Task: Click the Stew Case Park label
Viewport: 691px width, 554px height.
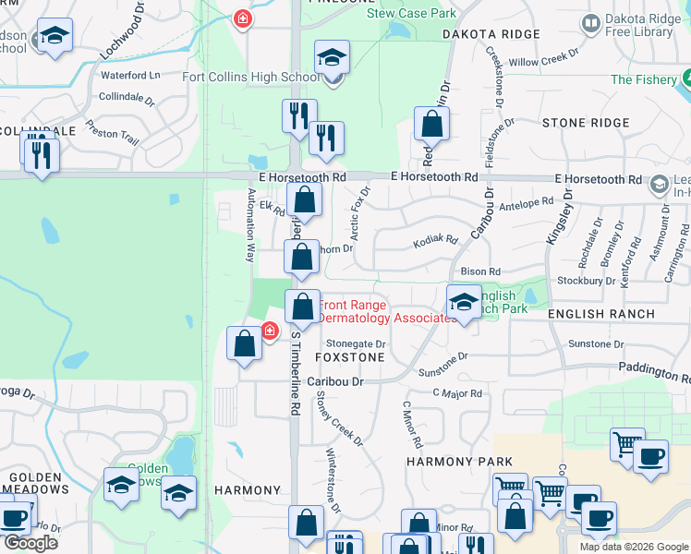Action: pos(411,14)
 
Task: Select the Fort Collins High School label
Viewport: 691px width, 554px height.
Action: pos(251,77)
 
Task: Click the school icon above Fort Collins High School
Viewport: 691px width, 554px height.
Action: pos(332,57)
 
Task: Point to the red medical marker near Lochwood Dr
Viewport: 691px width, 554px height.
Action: pos(242,18)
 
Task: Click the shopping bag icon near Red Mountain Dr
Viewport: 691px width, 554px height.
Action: pos(431,123)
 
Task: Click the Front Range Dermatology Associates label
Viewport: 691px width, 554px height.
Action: pos(385,311)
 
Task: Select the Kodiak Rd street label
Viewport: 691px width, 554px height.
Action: pos(436,240)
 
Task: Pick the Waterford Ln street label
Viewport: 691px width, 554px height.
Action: pos(130,75)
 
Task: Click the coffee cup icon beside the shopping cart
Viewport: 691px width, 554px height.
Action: pos(650,456)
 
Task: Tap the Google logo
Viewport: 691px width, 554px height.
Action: pos(30,543)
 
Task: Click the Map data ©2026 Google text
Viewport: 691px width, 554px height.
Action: pos(633,547)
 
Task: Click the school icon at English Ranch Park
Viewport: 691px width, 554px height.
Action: pos(463,302)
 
